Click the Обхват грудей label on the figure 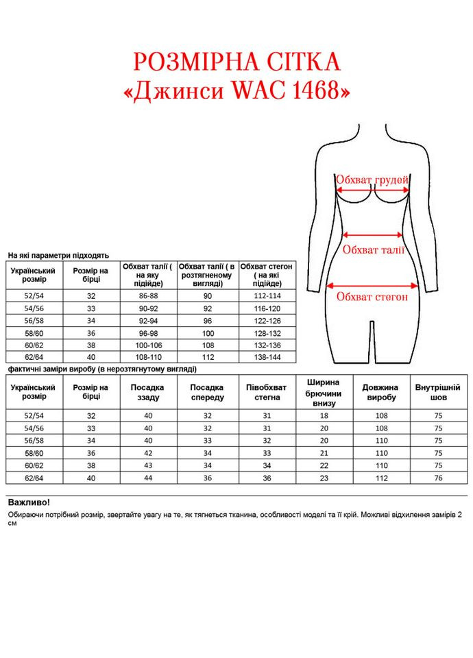point(372,180)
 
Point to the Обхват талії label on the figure point(374,249)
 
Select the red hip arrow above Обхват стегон point(373,286)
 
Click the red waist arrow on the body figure point(374,234)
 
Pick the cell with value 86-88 point(149,295)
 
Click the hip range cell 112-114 point(267,295)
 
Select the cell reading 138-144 point(267,357)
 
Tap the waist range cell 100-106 point(149,345)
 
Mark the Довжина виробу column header point(381,392)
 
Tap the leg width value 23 point(325,478)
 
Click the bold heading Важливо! point(28,502)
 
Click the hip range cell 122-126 point(267,320)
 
